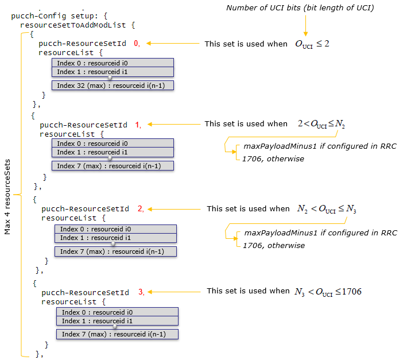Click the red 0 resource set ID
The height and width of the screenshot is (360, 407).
(x=136, y=43)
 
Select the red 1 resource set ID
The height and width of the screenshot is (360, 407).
(x=137, y=124)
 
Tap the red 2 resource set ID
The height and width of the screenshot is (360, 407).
(x=140, y=209)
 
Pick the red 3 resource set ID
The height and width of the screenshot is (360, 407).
(x=141, y=292)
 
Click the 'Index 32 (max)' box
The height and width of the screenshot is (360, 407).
(x=113, y=86)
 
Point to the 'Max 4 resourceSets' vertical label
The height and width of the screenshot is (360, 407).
(x=8, y=197)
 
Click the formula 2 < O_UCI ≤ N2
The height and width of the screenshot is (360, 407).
(x=321, y=124)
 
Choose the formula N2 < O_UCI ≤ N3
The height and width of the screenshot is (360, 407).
(x=327, y=209)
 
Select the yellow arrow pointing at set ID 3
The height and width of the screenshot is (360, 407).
(x=176, y=292)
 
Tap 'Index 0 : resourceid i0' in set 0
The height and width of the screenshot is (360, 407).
(x=113, y=63)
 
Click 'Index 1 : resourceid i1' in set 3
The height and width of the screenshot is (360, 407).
(x=117, y=321)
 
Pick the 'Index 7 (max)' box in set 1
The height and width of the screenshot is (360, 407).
(x=113, y=166)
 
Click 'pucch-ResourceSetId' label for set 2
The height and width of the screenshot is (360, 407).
(x=86, y=209)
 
